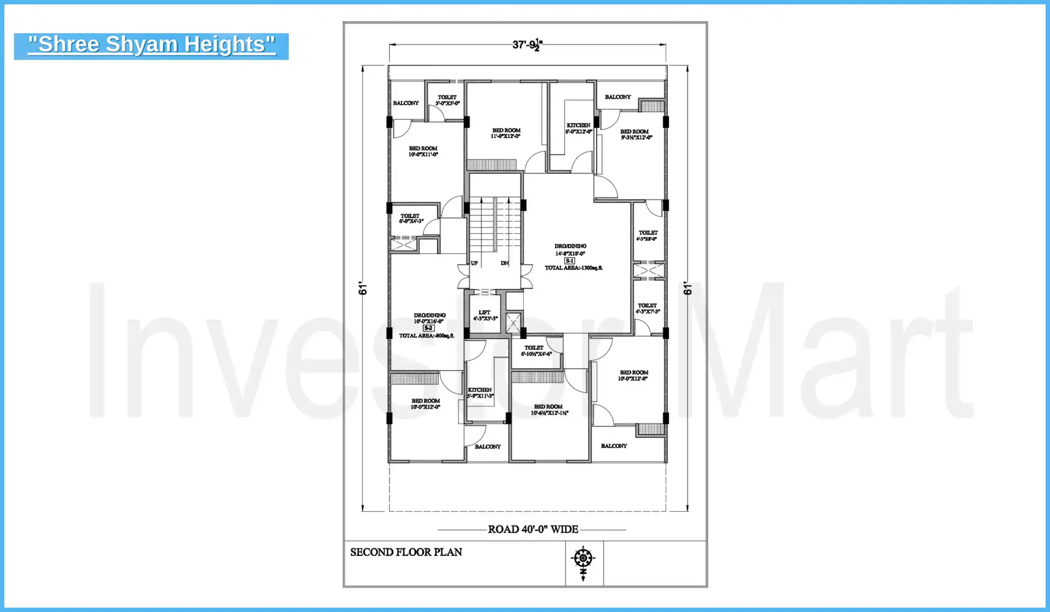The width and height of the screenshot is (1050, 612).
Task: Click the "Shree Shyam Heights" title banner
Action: [x=151, y=45]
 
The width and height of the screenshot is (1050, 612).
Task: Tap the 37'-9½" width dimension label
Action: [x=527, y=45]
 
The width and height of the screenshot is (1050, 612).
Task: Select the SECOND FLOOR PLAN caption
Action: [x=406, y=552]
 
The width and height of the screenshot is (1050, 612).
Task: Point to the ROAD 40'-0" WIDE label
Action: [x=533, y=529]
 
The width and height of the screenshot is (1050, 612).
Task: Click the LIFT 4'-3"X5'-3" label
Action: [x=485, y=315]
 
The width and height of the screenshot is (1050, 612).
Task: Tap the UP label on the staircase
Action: [x=474, y=263]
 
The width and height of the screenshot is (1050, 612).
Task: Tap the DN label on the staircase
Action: [x=504, y=263]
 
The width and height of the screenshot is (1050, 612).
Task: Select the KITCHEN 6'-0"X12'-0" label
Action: [x=578, y=128]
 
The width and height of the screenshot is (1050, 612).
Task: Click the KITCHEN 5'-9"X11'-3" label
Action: [x=480, y=393]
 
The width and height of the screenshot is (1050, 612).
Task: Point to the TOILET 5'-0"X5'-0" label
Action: [x=447, y=100]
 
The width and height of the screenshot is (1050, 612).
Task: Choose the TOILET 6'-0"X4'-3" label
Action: [x=410, y=218]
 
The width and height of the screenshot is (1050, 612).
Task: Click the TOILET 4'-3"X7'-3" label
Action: [x=647, y=308]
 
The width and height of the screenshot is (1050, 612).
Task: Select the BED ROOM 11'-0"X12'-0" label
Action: [x=506, y=133]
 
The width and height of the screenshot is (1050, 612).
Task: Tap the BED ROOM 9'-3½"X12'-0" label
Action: [x=635, y=134]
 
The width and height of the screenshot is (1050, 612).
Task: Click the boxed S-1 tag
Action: [x=570, y=261]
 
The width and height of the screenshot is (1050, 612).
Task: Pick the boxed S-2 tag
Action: [x=428, y=328]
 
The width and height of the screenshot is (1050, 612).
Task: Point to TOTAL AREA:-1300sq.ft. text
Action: [x=573, y=268]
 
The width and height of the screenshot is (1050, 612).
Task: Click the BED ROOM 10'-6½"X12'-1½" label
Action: [x=549, y=410]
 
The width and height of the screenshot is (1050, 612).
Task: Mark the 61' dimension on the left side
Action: [x=363, y=288]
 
